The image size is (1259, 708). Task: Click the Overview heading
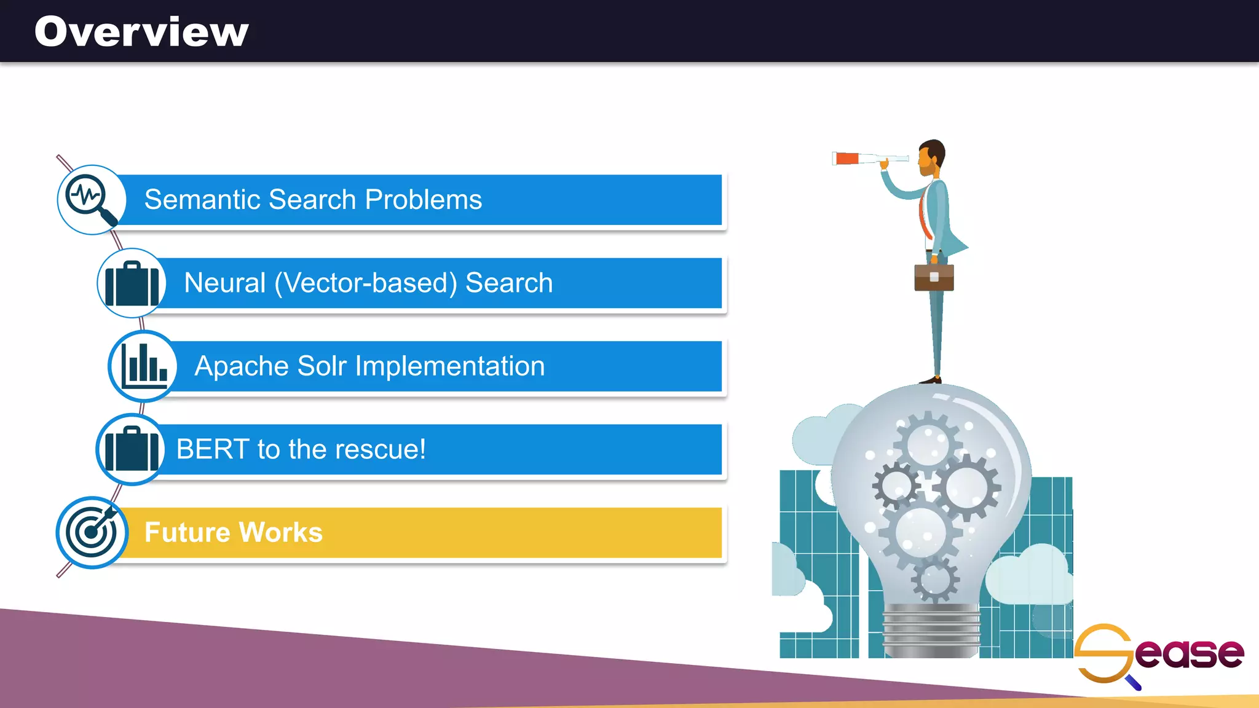[x=141, y=32]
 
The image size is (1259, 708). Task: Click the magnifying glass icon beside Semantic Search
[x=92, y=200]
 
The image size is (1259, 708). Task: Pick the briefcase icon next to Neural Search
[x=132, y=283]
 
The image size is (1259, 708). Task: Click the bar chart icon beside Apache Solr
[x=143, y=366]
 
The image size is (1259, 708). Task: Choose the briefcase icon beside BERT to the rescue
[x=130, y=449]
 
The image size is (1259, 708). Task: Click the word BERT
[x=213, y=449]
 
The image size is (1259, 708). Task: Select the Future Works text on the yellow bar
[x=234, y=532]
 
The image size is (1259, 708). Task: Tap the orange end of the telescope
[x=847, y=159]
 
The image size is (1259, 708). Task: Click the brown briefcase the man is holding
[x=934, y=277]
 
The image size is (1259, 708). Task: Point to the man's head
[x=931, y=157]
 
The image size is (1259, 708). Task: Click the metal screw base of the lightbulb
[x=931, y=630]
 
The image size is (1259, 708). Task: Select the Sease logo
[x=1159, y=655]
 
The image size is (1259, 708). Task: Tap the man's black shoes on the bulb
[x=931, y=380]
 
